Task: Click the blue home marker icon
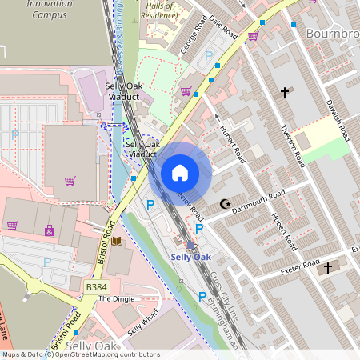click(x=180, y=172)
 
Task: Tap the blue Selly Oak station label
click(x=191, y=257)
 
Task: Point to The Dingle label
click(x=117, y=298)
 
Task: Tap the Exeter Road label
click(x=300, y=268)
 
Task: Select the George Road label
click(x=193, y=40)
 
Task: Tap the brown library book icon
click(x=117, y=241)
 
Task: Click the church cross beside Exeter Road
click(x=326, y=267)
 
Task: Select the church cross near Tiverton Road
click(x=284, y=93)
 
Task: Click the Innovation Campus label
click(x=49, y=9)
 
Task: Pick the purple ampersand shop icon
click(x=50, y=231)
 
